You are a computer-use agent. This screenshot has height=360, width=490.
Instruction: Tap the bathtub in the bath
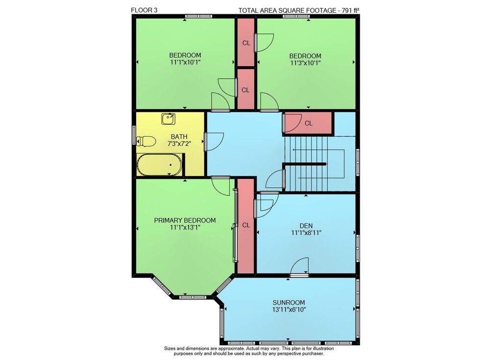coord(159,165)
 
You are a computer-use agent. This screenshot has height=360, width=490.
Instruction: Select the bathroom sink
coord(169,119)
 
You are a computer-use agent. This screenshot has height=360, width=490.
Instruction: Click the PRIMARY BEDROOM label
coord(185,220)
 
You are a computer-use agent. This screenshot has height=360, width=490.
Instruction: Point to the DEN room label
coord(306,226)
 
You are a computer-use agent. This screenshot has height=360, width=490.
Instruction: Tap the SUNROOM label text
coord(289,303)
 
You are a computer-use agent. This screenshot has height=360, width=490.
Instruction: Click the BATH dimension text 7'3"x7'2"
coord(179,144)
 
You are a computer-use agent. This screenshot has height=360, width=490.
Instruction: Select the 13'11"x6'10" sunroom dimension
coord(289,310)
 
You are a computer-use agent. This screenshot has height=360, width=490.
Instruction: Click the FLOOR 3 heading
coord(144,10)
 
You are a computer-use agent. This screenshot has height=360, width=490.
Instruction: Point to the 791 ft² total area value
coord(350,10)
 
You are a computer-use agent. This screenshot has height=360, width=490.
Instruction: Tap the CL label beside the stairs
coord(308,123)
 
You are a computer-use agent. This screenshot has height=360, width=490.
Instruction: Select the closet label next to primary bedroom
coord(246,225)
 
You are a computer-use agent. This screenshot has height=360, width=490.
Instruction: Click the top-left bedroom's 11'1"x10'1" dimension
coord(185,62)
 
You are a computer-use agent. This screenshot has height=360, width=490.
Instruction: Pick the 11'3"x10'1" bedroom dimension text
coord(305,63)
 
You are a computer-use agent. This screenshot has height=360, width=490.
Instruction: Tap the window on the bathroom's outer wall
coord(134,135)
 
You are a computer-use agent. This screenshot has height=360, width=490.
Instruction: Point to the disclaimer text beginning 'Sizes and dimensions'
coord(249,351)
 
